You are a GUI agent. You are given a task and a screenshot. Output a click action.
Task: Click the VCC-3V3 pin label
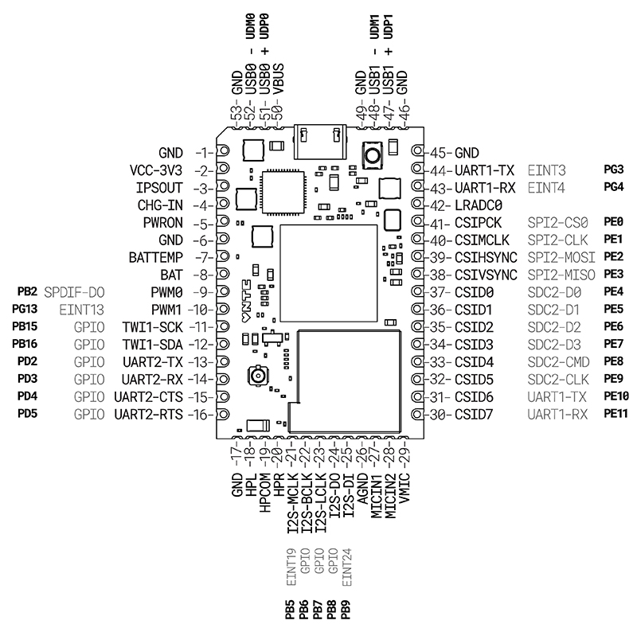click(x=156, y=170)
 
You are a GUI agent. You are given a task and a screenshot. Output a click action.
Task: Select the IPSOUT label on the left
click(x=159, y=188)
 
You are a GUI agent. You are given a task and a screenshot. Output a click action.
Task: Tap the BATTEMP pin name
click(x=156, y=258)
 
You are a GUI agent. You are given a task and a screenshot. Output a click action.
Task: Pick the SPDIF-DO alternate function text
click(x=75, y=291)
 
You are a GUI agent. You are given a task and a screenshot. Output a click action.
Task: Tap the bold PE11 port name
click(x=616, y=414)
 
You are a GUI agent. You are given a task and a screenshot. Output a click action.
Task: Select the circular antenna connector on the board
click(x=258, y=374)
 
